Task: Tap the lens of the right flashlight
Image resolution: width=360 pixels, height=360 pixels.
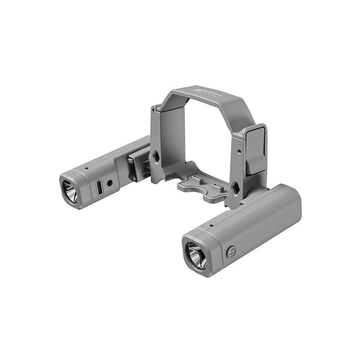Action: coord(197,254)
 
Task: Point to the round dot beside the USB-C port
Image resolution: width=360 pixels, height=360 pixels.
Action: coord(109,184)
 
